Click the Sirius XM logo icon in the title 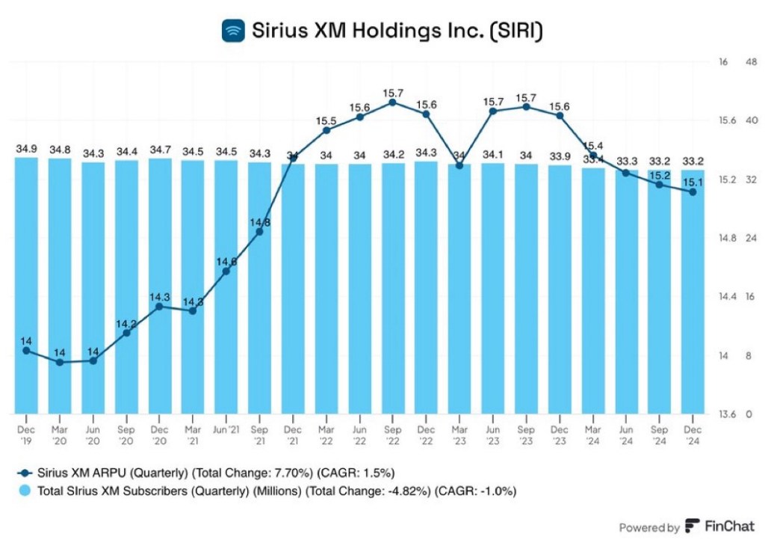point(235,31)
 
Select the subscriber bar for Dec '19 point(27,284)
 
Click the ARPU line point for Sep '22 point(393,102)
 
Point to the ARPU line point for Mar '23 point(459,165)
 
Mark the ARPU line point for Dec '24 point(693,192)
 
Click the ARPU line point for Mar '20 point(60,362)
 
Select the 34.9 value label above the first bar point(27,150)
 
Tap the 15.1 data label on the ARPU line point(693,182)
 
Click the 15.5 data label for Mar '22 point(326,120)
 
